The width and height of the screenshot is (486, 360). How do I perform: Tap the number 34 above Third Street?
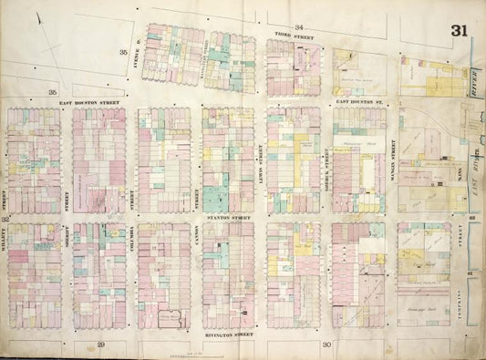point(297,28)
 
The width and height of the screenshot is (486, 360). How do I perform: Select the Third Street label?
point(289,37)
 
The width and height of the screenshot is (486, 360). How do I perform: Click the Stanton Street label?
point(227,219)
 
